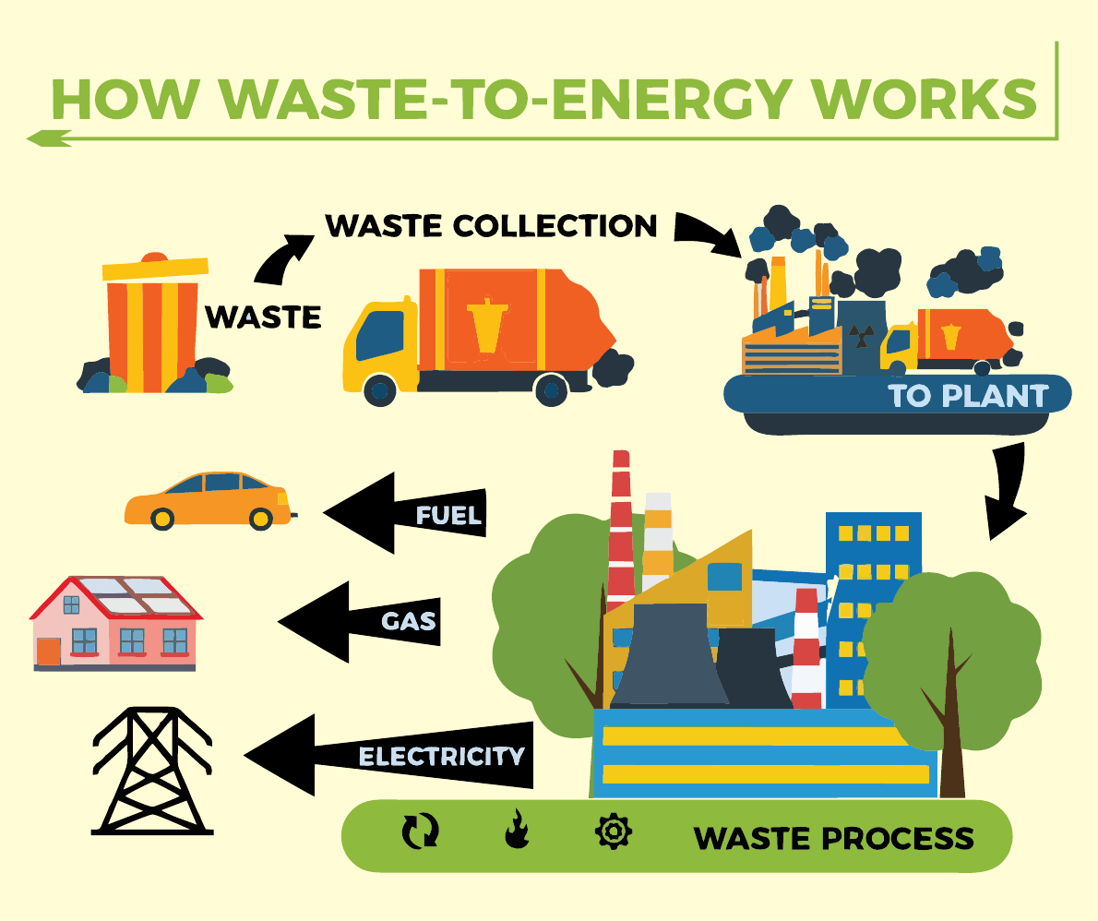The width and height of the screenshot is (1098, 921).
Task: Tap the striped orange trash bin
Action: pos(151,327)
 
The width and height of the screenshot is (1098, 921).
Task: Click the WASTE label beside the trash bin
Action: pos(263,317)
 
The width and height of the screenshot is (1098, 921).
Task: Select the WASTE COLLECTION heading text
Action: pos(492,225)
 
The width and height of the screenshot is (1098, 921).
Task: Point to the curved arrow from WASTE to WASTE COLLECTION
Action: pos(282,257)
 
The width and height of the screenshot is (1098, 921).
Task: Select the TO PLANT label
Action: pos(968,396)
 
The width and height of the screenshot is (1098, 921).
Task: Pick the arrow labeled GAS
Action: pos(360,621)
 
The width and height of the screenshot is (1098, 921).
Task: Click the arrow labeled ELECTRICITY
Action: pos(392,756)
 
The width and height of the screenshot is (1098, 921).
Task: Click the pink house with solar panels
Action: pos(116,623)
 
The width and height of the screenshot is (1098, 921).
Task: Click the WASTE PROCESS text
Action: pos(833,838)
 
